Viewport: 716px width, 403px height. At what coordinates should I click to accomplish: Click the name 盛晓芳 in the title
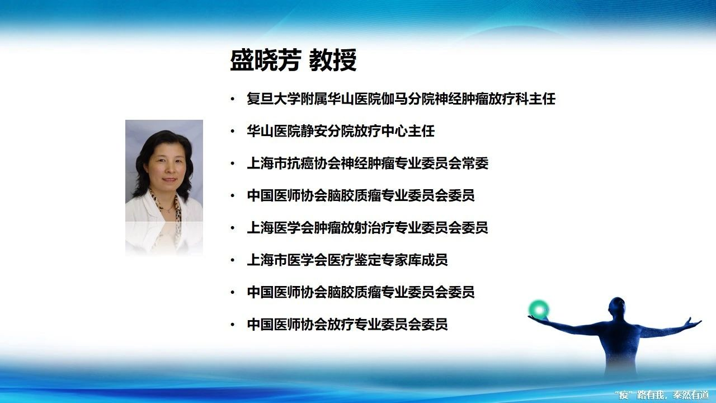(x=266, y=60)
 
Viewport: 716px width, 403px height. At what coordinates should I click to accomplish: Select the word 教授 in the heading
(x=333, y=60)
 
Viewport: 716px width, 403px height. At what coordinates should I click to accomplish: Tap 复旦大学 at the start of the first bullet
(x=274, y=99)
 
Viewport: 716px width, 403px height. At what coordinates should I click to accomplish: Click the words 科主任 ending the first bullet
(x=535, y=99)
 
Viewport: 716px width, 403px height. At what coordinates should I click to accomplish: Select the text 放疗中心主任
(x=394, y=131)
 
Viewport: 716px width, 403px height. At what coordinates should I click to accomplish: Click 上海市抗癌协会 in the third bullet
(x=294, y=163)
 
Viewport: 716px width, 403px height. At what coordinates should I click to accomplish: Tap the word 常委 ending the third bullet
(x=475, y=163)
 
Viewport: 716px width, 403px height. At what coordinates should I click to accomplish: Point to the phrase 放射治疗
(x=368, y=228)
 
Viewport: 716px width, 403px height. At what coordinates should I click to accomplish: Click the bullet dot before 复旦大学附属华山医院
(x=232, y=99)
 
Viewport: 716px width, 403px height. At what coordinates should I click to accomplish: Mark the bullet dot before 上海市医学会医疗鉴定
(x=232, y=260)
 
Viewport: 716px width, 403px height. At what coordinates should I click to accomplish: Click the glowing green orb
(x=539, y=310)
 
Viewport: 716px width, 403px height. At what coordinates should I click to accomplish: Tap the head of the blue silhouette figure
(x=616, y=308)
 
